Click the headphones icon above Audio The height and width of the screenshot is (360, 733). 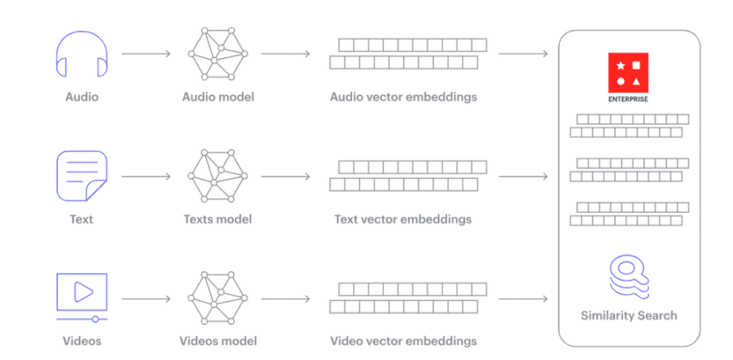click(81, 54)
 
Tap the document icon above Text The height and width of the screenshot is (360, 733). click(81, 176)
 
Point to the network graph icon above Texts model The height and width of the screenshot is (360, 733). click(218, 176)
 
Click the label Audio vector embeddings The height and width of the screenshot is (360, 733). click(403, 97)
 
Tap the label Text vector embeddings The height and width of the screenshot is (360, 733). click(403, 218)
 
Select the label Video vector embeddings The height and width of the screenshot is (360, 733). click(403, 341)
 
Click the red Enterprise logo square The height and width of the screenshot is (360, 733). click(629, 72)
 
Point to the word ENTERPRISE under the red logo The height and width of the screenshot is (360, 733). click(629, 99)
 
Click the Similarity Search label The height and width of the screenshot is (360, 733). click(629, 315)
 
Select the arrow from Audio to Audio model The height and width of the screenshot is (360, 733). click(146, 54)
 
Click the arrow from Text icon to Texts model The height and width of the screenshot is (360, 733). click(146, 176)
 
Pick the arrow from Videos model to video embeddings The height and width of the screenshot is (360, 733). click(285, 298)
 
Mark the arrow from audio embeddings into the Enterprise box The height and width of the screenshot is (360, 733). click(523, 54)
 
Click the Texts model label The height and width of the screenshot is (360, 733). click(218, 218)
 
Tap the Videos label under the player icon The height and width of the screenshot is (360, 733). click(81, 341)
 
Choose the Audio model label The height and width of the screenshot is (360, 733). click(218, 97)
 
